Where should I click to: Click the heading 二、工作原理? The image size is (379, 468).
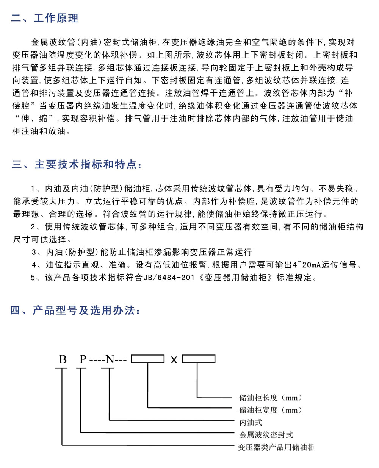pos(45,18)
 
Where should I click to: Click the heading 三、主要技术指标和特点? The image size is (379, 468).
pos(77,165)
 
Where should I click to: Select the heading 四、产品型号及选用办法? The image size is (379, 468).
pos(75,311)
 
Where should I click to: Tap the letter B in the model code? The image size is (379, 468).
pos(63,359)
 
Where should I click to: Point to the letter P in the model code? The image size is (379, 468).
pos(83,359)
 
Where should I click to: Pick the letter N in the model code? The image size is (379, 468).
pos(110,359)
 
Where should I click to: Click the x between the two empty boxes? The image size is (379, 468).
pos(174,360)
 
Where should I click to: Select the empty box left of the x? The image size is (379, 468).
pos(147,359)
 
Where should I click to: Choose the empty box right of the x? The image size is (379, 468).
pos(199,359)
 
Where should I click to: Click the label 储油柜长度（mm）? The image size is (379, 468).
pos(271,398)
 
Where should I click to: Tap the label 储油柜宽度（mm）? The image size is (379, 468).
pos(271,410)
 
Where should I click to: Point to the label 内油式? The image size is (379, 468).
pos(251,423)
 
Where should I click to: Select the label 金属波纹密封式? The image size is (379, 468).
pos(266,435)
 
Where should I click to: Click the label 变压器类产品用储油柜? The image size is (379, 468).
pos(276,448)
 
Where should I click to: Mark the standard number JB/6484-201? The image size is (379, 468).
pos(169,278)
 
